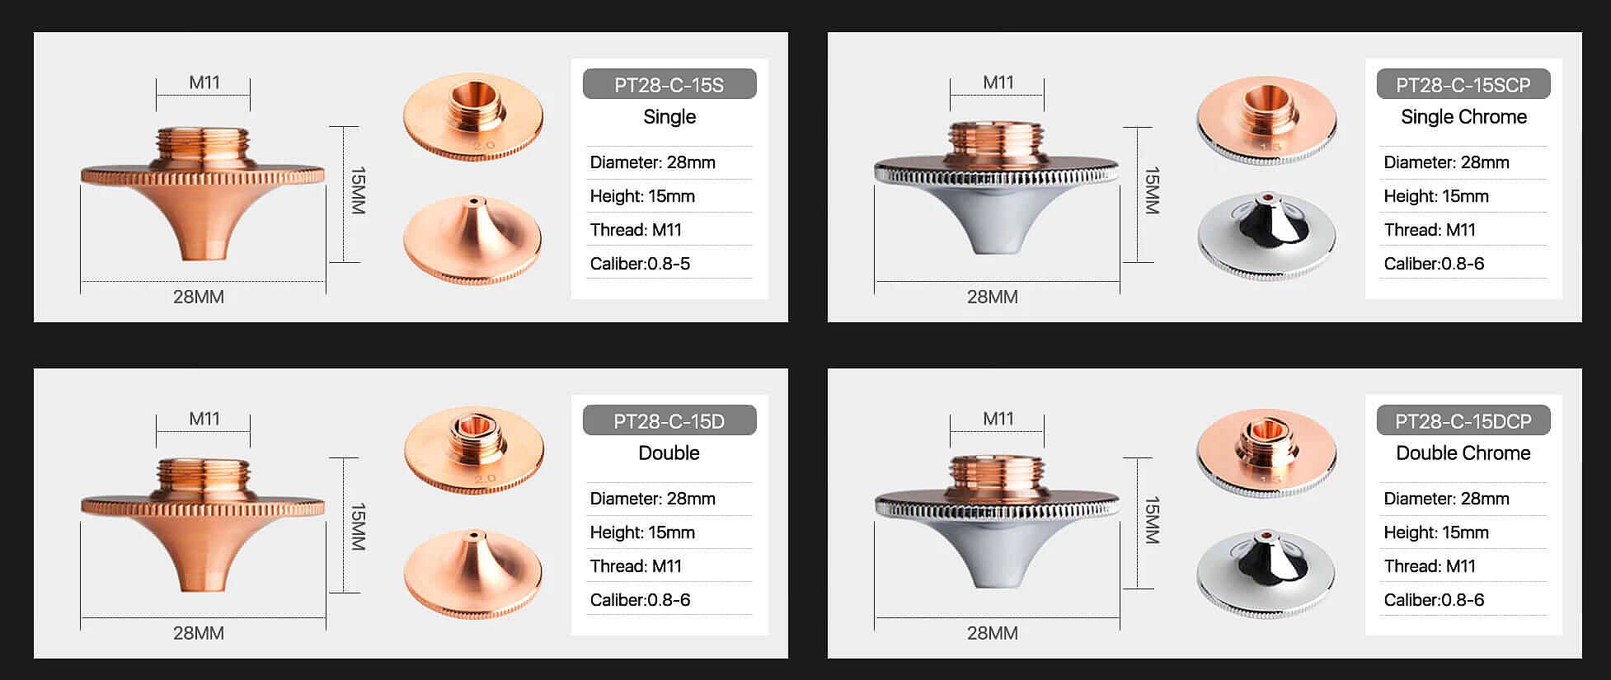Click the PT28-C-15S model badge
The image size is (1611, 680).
[x=669, y=84]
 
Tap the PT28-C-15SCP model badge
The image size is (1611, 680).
[x=1463, y=84]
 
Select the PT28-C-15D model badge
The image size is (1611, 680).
[x=669, y=420]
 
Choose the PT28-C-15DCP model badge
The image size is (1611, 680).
[x=1463, y=420]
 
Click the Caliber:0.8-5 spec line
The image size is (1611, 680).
[x=640, y=264]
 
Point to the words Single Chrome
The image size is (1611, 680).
[x=1463, y=117]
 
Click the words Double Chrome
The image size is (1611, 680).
[x=1463, y=453]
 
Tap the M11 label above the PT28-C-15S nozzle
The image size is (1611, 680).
[x=204, y=82]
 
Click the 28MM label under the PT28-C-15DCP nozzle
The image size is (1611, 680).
[x=992, y=633]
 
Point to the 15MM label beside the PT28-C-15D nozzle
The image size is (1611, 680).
[x=358, y=526]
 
